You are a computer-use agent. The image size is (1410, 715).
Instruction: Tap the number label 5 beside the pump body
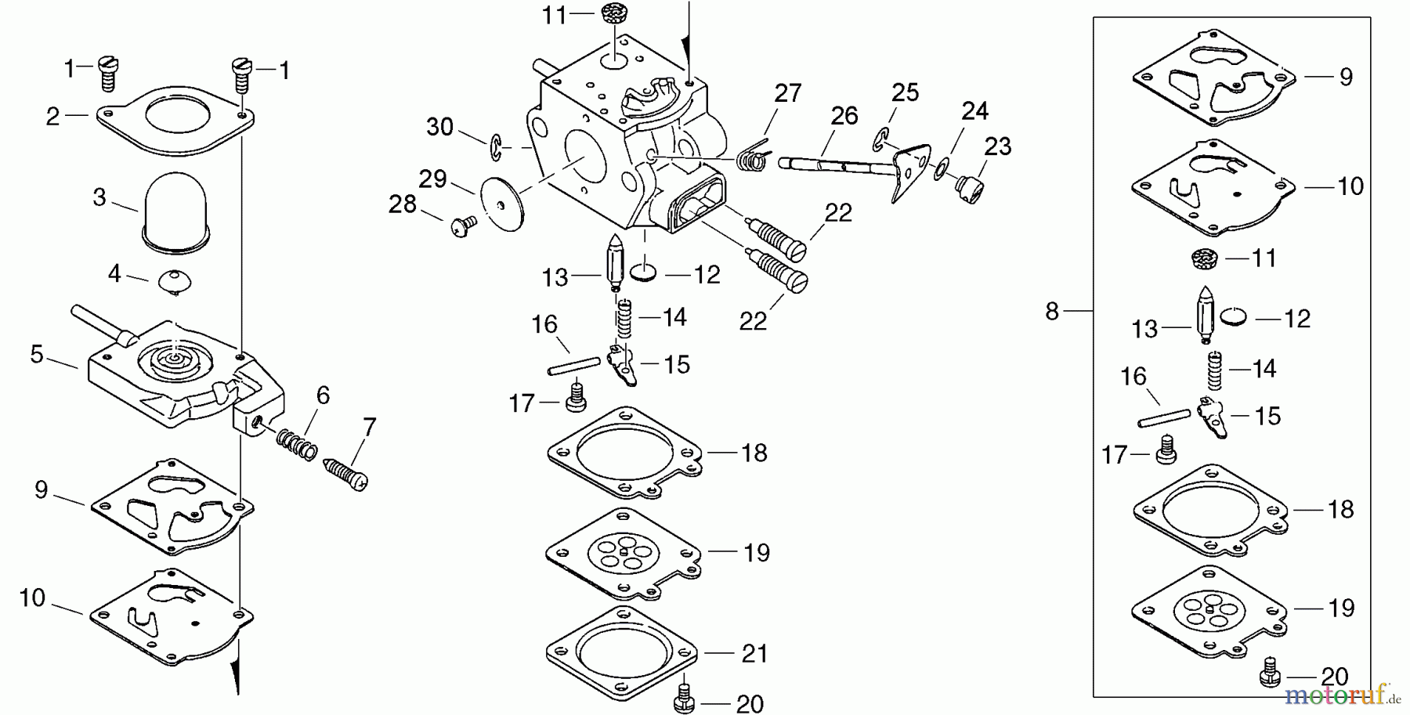[x=37, y=355]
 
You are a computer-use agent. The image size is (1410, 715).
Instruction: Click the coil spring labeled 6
[x=296, y=444]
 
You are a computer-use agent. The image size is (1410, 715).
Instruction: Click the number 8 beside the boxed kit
[x=1052, y=312]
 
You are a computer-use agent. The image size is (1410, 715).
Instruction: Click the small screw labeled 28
[x=462, y=226]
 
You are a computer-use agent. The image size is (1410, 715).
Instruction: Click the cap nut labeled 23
[x=968, y=189]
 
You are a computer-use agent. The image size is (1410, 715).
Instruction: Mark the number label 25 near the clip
[x=905, y=93]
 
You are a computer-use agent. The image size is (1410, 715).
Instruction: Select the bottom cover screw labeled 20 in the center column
[x=684, y=698]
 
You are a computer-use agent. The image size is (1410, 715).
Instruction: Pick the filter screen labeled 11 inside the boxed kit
[x=1206, y=258]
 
